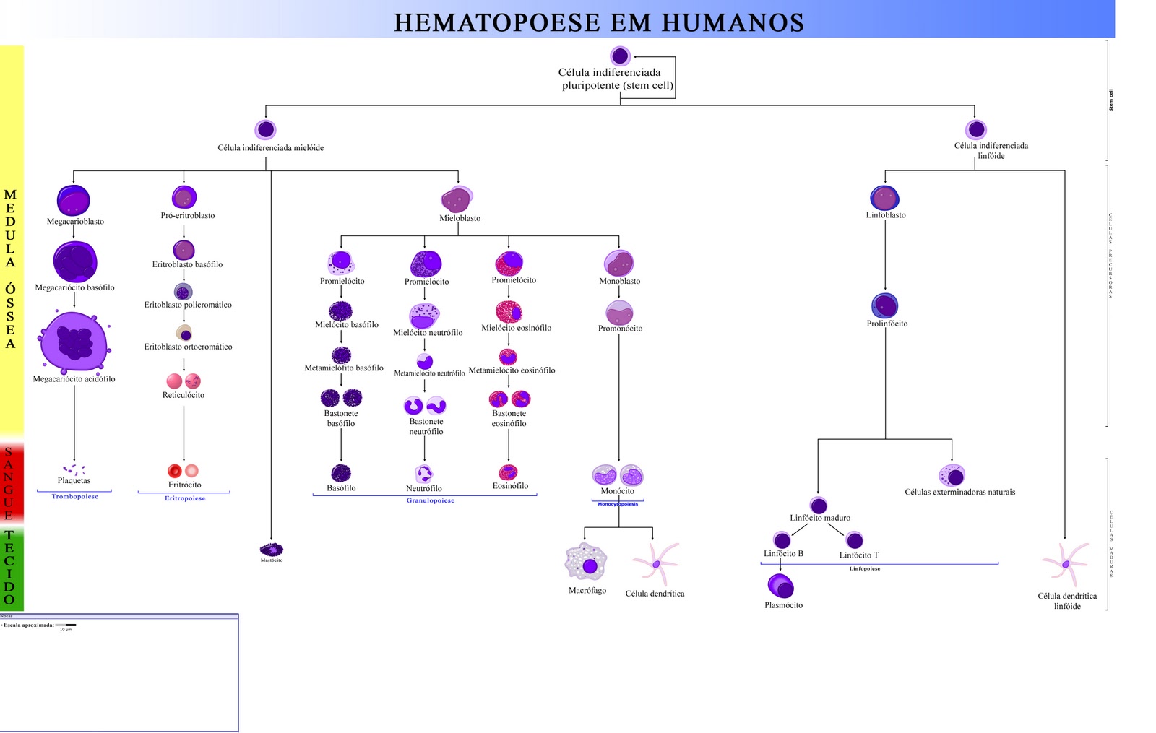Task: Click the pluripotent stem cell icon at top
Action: (620, 56)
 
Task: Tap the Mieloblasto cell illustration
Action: (456, 199)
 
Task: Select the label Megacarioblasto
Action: (75, 222)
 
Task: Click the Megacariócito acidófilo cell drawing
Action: (74, 342)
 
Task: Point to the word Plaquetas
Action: (74, 481)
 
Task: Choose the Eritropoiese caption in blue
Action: (185, 498)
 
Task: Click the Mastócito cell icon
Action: (272, 550)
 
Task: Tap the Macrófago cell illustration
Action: (586, 563)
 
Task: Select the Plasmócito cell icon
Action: (780, 586)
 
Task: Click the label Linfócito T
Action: (859, 555)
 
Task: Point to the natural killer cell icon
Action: (952, 475)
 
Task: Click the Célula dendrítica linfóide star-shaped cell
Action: (1065, 563)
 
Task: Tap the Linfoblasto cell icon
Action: (884, 198)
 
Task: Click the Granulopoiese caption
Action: (431, 500)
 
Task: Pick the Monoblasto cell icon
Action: (618, 263)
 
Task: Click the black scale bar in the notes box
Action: (71, 625)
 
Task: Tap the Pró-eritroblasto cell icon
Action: (184, 197)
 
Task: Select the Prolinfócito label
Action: (887, 324)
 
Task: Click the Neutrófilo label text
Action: (424, 489)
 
